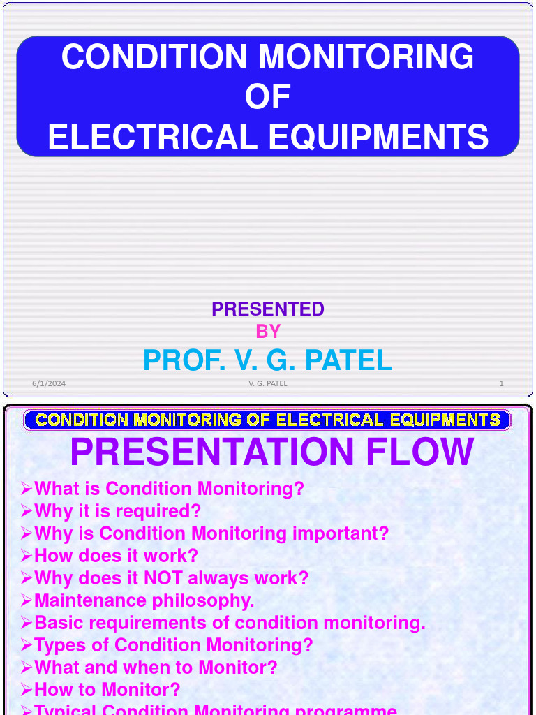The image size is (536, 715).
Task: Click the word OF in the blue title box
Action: [267, 97]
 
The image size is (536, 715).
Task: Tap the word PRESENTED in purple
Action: [268, 309]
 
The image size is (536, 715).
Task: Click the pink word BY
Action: [268, 331]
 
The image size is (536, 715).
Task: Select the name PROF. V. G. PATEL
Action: [268, 360]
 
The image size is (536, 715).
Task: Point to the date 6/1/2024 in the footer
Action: [49, 383]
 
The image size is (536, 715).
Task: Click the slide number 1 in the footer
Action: [501, 383]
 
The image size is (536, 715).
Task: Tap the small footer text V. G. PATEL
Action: [268, 383]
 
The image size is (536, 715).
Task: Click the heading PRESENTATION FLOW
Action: [272, 452]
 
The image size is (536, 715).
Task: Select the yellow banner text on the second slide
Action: [268, 420]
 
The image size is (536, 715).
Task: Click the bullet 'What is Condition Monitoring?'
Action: [169, 489]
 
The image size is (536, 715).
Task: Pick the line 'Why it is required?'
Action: [117, 511]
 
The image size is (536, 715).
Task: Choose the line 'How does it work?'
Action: [116, 556]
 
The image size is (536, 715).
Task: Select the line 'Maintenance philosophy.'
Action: [144, 600]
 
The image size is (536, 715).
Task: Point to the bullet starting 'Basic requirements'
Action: [229, 623]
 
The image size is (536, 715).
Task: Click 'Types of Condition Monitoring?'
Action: [173, 645]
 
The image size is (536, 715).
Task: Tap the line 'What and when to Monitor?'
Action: [155, 668]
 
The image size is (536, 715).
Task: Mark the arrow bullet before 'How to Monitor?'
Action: [27, 691]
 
